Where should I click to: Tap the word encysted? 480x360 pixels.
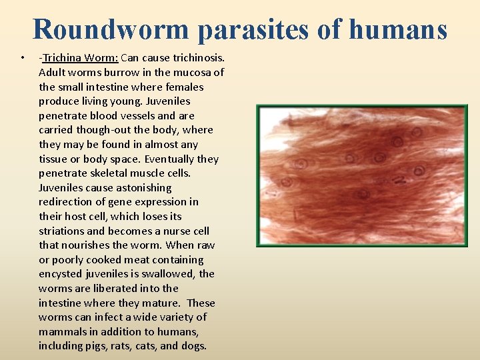point(62,274)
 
